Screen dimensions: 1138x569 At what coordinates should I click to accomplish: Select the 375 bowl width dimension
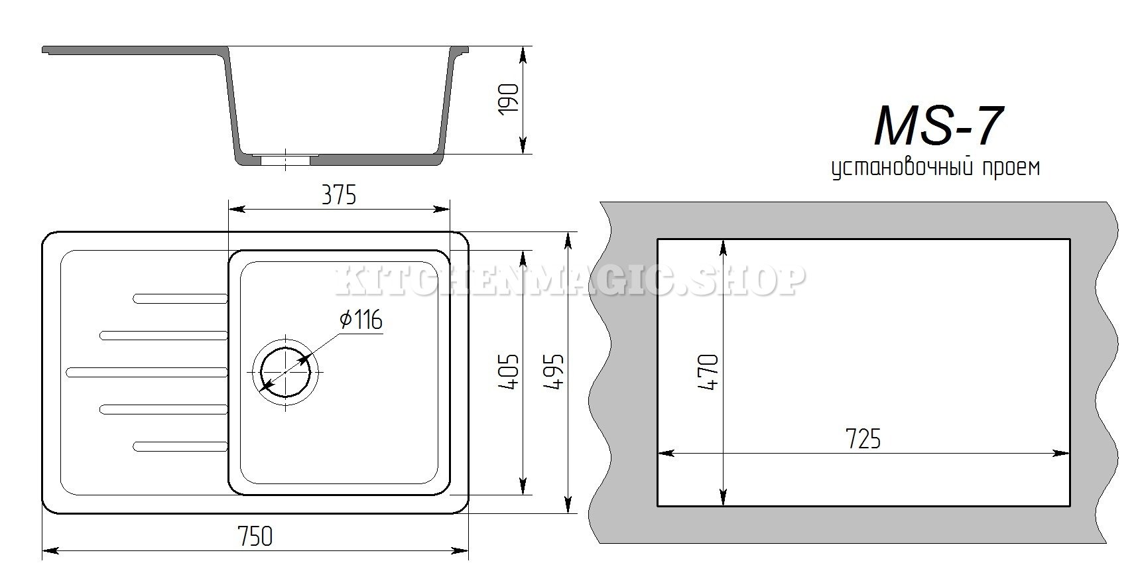339,195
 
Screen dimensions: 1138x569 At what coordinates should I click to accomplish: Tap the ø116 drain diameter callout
361,320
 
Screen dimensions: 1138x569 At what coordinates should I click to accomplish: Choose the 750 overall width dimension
255,536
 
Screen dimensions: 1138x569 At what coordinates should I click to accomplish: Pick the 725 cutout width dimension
863,438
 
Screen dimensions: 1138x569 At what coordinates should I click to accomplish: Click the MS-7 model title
938,125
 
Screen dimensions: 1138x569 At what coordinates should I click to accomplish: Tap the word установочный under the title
901,168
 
